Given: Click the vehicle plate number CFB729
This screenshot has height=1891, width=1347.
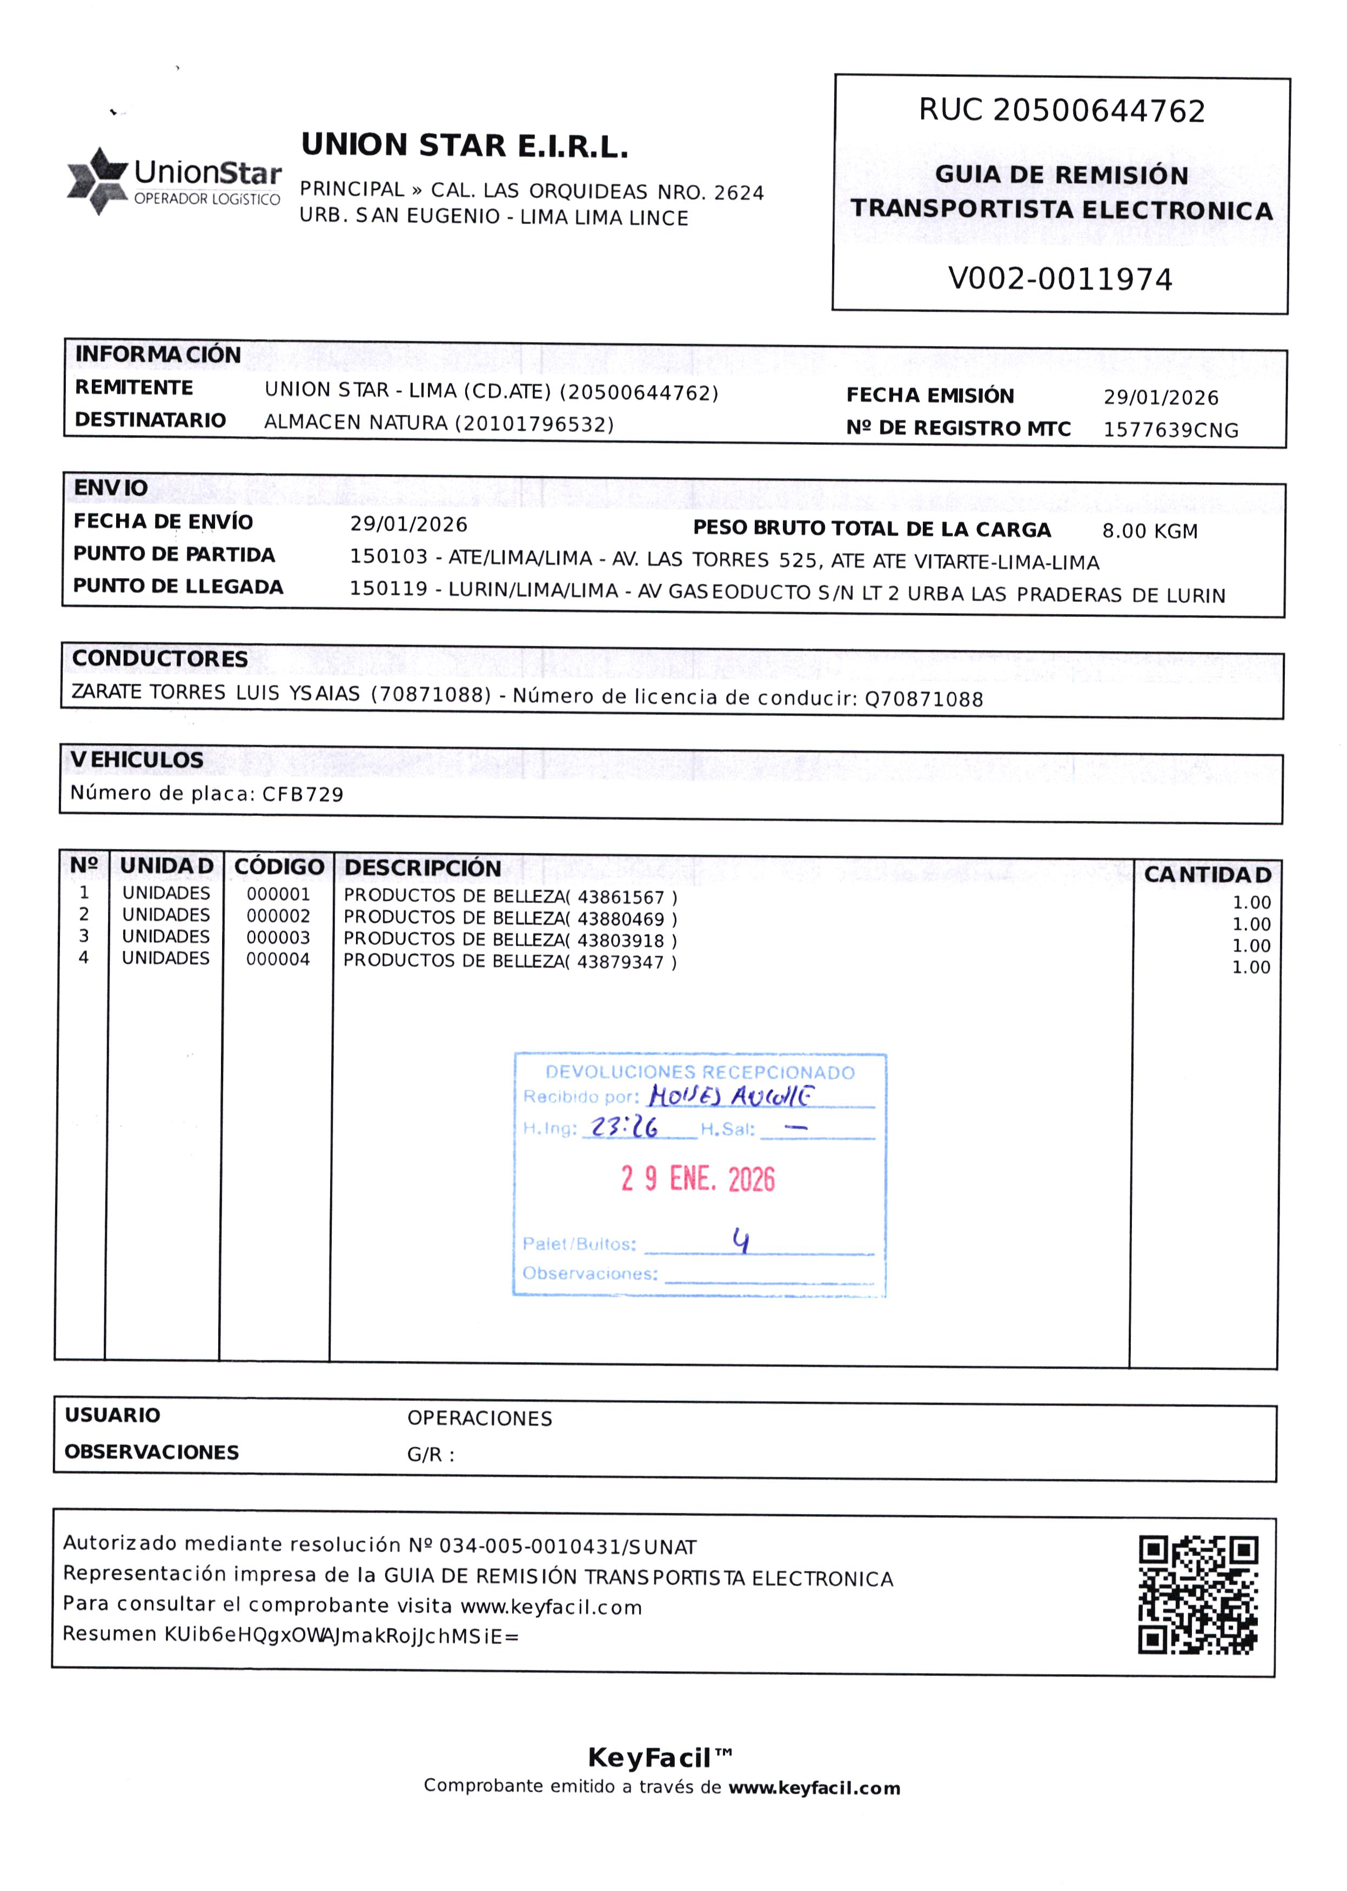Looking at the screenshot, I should pyautogui.click(x=303, y=795).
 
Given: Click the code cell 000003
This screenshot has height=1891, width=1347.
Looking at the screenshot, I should pyautogui.click(x=278, y=937).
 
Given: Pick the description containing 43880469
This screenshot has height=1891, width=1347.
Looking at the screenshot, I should pyautogui.click(x=510, y=918).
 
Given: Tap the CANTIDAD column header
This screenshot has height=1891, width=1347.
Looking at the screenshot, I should pyautogui.click(x=1207, y=875).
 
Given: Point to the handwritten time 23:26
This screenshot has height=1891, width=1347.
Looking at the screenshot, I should pyautogui.click(x=624, y=1127).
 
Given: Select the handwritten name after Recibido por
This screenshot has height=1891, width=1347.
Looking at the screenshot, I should pyautogui.click(x=731, y=1096).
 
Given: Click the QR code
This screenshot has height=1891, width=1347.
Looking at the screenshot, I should pyautogui.click(x=1198, y=1595).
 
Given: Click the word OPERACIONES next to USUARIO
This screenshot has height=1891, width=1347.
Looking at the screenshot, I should pyautogui.click(x=479, y=1418).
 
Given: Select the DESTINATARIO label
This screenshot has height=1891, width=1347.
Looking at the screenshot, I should pyautogui.click(x=150, y=420).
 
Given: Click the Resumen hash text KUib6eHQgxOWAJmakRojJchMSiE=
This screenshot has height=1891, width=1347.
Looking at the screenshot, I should pyautogui.click(x=341, y=1635).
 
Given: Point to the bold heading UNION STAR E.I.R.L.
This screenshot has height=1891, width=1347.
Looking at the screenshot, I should pyautogui.click(x=465, y=146).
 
